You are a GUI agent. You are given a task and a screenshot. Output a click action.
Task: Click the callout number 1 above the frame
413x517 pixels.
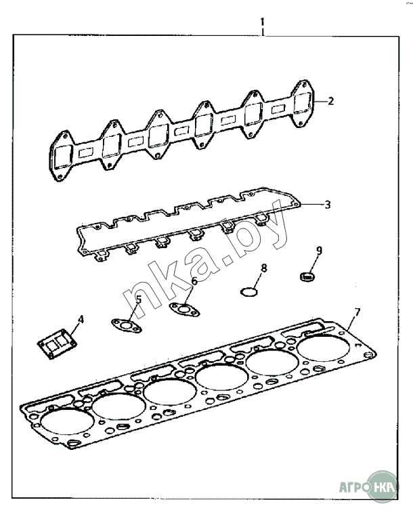click(x=262, y=22)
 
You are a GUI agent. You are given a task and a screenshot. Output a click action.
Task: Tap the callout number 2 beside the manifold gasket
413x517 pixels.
click(x=330, y=101)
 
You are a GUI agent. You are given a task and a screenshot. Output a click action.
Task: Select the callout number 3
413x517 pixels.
click(x=327, y=205)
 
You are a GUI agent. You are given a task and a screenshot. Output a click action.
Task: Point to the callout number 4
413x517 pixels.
click(x=81, y=319)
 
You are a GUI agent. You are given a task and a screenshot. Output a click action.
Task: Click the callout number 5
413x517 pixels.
click(x=139, y=299)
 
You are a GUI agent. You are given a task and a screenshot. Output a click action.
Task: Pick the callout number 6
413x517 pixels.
click(x=194, y=281)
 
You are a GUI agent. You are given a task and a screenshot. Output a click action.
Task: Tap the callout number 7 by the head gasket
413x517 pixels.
click(x=357, y=312)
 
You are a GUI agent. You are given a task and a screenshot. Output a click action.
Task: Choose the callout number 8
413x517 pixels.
click(x=263, y=268)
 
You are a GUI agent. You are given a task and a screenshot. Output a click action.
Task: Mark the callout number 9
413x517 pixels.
click(x=319, y=251)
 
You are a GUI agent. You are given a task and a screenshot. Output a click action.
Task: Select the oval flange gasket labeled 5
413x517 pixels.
click(x=127, y=326)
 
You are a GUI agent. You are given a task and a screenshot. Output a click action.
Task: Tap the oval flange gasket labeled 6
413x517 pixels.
click(x=185, y=309)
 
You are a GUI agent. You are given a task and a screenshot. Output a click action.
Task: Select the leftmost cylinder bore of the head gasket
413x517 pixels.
click(x=67, y=422)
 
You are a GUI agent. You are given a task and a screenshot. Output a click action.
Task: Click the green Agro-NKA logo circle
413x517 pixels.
click(x=383, y=487)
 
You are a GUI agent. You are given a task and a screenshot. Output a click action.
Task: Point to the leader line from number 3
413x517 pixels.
click(x=311, y=205)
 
